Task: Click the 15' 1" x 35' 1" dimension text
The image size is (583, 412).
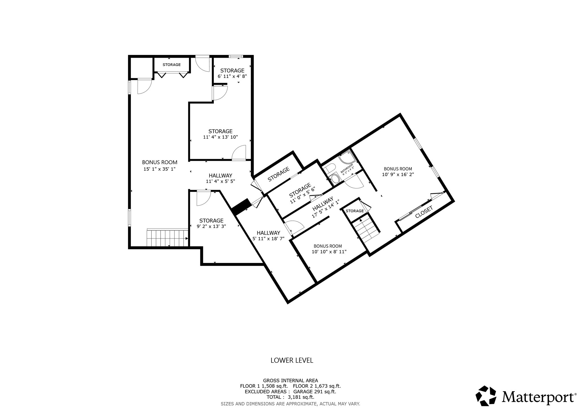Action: [159, 169]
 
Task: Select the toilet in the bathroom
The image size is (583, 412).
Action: [330, 169]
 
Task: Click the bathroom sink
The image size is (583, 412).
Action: [335, 179]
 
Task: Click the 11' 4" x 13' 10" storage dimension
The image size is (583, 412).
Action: [220, 137]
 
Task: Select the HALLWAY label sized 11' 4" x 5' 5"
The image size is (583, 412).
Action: [220, 176]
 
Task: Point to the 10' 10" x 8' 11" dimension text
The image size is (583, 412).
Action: [329, 252]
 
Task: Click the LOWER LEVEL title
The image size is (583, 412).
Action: [291, 360]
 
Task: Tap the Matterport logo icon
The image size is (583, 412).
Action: [486, 395]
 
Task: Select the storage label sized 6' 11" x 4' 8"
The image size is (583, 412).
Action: [232, 71]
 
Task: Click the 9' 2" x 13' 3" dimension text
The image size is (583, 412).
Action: [211, 226]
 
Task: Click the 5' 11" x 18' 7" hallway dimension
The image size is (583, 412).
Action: [268, 239]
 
